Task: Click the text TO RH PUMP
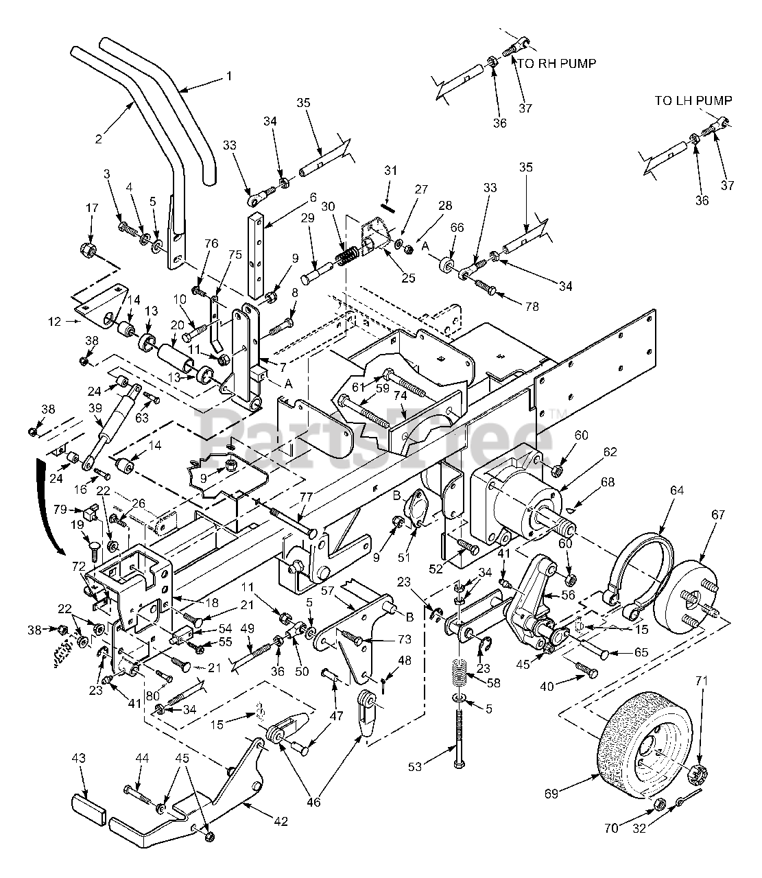(556, 64)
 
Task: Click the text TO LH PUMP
(693, 100)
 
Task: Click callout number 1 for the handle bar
(229, 76)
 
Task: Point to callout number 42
(281, 821)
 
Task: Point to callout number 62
(610, 452)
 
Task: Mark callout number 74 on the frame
(401, 395)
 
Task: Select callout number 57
(327, 591)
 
